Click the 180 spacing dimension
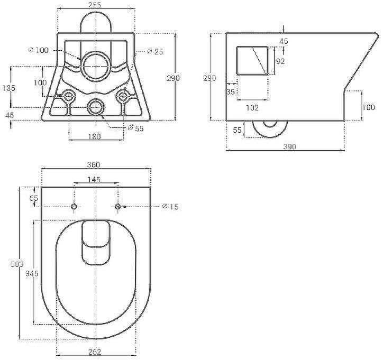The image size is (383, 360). [x=95, y=137]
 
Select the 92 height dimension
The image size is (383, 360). [x=280, y=61]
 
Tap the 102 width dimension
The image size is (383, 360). [x=252, y=107]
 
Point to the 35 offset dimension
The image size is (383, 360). [x=231, y=92]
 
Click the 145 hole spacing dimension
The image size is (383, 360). [x=94, y=180]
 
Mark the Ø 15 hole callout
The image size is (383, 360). [x=170, y=206]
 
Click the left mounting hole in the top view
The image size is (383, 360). [x=74, y=206]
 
